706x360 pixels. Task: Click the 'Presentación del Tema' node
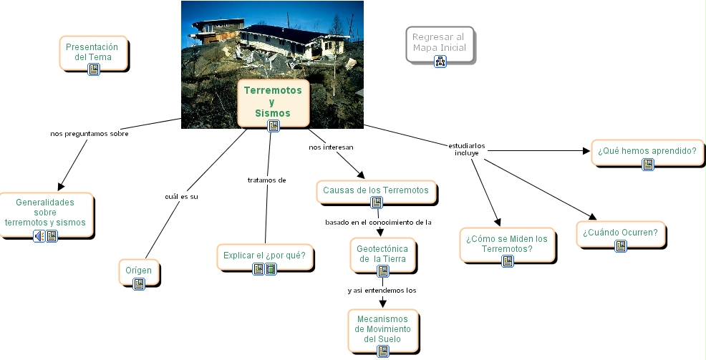(x=93, y=52)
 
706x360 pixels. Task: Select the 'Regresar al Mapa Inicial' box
(x=439, y=42)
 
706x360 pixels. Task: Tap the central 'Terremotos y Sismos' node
(x=273, y=102)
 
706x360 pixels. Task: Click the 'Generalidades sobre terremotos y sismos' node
(x=45, y=213)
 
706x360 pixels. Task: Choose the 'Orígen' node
(x=139, y=271)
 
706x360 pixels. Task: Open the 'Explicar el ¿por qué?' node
(x=264, y=256)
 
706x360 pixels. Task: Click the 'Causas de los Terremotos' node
(x=376, y=190)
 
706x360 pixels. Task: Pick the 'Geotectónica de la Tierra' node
(x=382, y=253)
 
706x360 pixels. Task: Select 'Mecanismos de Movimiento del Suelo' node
(x=382, y=329)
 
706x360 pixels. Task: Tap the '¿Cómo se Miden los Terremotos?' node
(x=507, y=244)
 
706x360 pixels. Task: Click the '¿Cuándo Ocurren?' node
(x=620, y=233)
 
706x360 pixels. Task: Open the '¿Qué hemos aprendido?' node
(x=647, y=151)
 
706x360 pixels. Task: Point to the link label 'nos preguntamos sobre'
(x=90, y=133)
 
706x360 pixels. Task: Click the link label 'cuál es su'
(x=181, y=196)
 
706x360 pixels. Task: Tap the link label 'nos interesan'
(x=332, y=147)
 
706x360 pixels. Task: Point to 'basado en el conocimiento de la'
(x=378, y=222)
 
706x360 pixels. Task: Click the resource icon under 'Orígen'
(x=139, y=283)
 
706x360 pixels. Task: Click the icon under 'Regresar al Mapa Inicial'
(x=440, y=62)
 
